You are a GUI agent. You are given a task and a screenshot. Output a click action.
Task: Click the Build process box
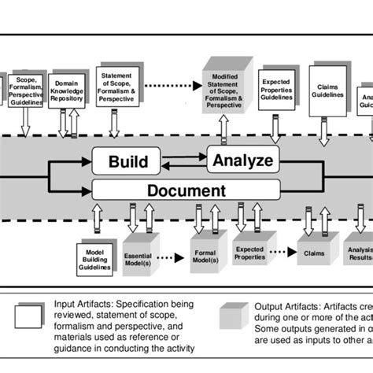pyautogui.click(x=127, y=162)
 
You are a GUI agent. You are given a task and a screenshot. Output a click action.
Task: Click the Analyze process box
pyautogui.click(x=242, y=161)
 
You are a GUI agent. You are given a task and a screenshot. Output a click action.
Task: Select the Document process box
pyautogui.click(x=186, y=190)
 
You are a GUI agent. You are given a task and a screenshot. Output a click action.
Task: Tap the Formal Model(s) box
pyautogui.click(x=206, y=256)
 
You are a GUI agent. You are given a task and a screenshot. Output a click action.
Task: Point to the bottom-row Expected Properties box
pyautogui.click(x=249, y=253)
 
